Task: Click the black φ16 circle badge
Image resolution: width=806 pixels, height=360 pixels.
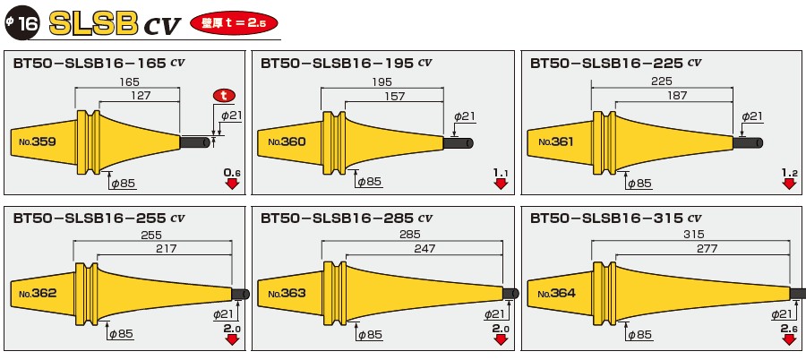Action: (x=21, y=23)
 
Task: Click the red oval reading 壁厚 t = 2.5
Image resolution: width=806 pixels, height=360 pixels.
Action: (x=233, y=23)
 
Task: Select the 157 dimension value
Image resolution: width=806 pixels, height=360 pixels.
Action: (x=394, y=96)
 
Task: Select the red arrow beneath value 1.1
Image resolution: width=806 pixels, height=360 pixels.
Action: (x=501, y=184)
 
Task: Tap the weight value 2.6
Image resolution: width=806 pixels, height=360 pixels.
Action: (x=789, y=329)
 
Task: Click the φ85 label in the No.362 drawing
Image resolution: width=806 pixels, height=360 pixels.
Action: (x=122, y=334)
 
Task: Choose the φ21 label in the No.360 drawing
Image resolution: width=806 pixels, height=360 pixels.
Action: (x=464, y=116)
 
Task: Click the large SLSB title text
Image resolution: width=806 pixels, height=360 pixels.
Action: (x=95, y=23)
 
